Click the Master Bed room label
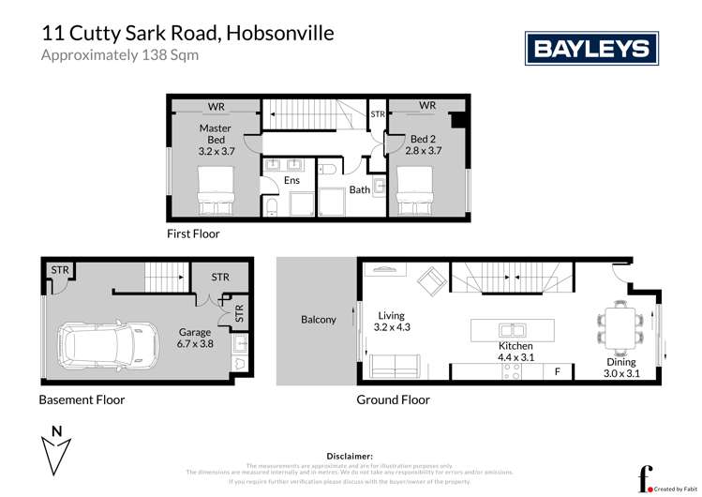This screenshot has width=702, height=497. click(x=216, y=138)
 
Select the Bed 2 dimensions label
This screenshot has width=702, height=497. click(x=423, y=148)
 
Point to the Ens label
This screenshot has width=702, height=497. click(x=292, y=180)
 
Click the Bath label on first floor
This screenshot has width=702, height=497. click(x=360, y=189)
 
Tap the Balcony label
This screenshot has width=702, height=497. click(x=319, y=320)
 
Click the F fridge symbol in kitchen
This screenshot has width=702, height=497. click(x=557, y=371)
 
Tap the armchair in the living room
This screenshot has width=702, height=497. click(x=431, y=279)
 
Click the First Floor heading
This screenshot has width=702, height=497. click(x=195, y=233)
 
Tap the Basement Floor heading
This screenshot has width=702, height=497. click(x=82, y=399)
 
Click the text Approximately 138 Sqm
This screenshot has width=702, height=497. click(x=120, y=54)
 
